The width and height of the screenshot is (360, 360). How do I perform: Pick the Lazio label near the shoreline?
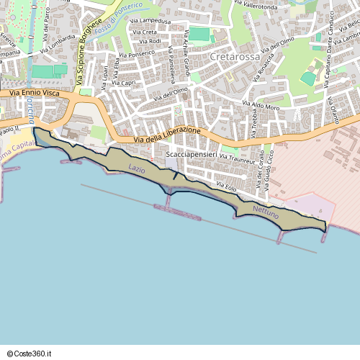coord(136,168)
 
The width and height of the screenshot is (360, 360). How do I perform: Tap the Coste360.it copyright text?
coord(30,354)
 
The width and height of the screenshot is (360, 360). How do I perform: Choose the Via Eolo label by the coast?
coord(226,188)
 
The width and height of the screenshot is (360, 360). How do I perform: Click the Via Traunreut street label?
coord(237,157)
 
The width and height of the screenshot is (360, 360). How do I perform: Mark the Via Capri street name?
coord(124,83)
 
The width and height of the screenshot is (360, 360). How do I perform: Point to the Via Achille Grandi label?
coord(186,53)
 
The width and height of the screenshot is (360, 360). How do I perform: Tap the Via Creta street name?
coord(145,32)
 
